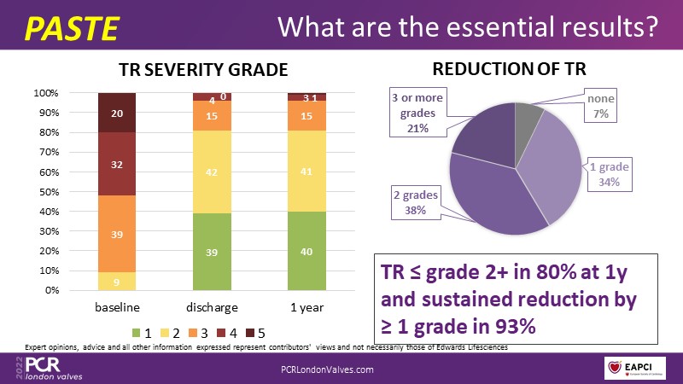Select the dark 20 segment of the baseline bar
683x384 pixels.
click(117, 112)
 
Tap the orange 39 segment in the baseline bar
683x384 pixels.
click(117, 234)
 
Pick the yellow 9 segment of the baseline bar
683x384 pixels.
click(117, 281)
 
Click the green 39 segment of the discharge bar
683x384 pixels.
click(212, 252)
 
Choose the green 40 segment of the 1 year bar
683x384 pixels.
click(306, 251)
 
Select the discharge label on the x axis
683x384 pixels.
click(212, 306)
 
